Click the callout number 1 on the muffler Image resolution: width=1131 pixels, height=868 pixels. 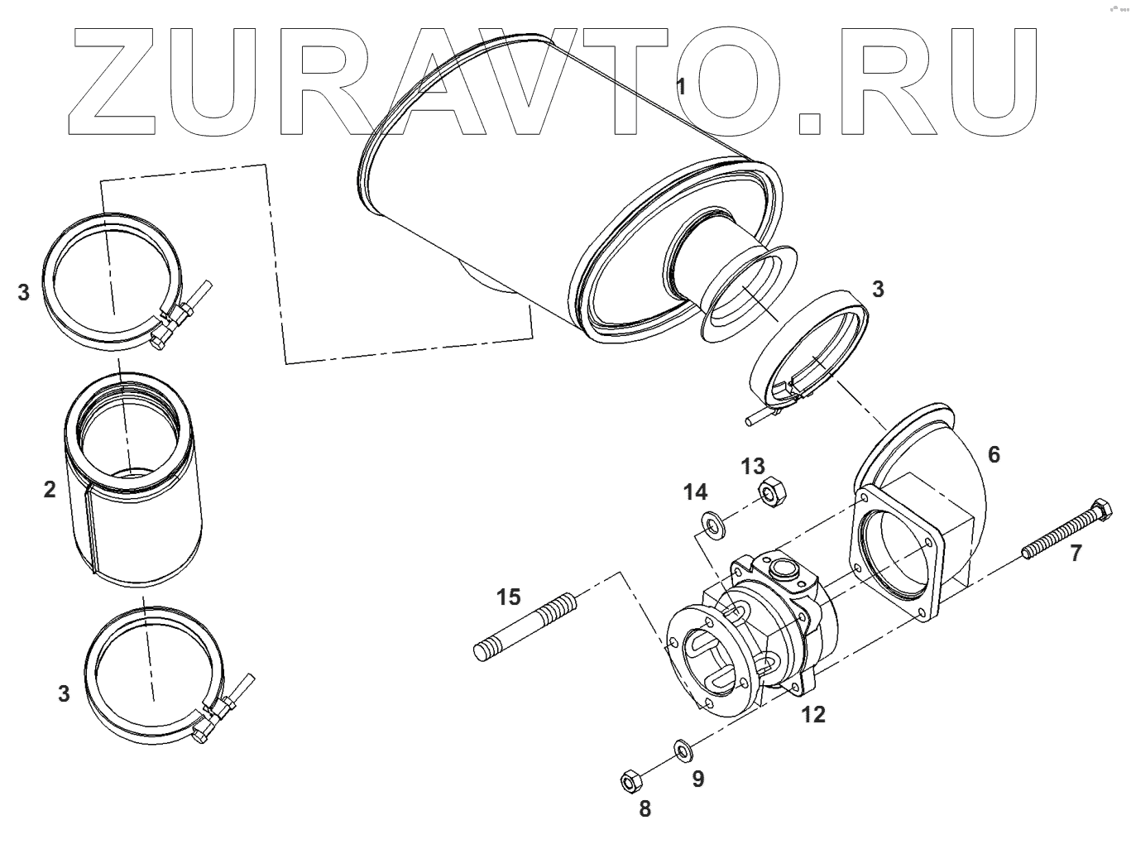click(x=681, y=86)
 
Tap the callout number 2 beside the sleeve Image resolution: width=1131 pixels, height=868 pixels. click(x=50, y=489)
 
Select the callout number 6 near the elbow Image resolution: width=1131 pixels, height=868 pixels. click(x=994, y=453)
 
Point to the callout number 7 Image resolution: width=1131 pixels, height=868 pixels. click(x=1075, y=554)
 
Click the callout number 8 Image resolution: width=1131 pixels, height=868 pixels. click(x=645, y=808)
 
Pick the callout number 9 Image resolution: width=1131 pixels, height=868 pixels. click(x=698, y=779)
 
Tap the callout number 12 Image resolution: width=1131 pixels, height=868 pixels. click(x=813, y=714)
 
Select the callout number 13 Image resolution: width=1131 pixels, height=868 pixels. click(x=753, y=467)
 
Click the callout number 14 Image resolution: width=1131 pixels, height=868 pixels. click(x=695, y=492)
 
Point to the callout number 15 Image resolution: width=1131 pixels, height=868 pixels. click(x=509, y=596)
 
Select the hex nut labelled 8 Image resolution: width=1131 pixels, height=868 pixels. click(x=630, y=779)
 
